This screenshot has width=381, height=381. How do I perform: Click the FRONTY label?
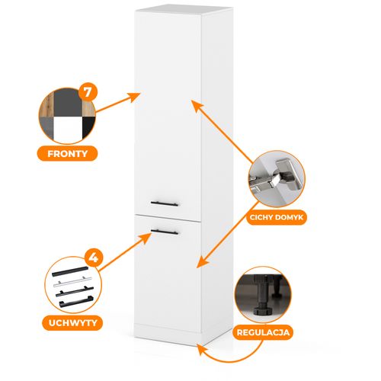(x=67, y=153)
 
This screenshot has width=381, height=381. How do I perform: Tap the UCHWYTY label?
(x=72, y=323)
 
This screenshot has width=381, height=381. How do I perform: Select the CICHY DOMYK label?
(x=277, y=217)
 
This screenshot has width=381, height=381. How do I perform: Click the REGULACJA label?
(x=263, y=332)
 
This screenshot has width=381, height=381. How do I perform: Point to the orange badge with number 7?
(x=88, y=91)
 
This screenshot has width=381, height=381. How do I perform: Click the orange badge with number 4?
(x=94, y=258)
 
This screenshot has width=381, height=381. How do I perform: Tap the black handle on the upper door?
(x=165, y=203)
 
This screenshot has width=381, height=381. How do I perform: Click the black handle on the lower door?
(x=165, y=232)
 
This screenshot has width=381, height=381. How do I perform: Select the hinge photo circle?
(x=277, y=179)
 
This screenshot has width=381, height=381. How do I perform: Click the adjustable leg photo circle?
(x=263, y=295)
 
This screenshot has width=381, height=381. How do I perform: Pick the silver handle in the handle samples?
(x=69, y=282)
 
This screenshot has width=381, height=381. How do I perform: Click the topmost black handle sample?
(x=70, y=271)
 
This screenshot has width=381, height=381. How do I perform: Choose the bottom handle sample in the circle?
(x=75, y=301)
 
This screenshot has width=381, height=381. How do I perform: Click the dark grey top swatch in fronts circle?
(x=68, y=103)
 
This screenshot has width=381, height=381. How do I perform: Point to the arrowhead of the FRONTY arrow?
(x=134, y=98)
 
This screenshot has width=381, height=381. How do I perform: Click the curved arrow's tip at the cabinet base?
(x=201, y=349)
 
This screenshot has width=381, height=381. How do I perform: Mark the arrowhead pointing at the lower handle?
(x=146, y=239)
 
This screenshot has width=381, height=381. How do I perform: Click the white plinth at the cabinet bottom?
(x=168, y=335)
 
